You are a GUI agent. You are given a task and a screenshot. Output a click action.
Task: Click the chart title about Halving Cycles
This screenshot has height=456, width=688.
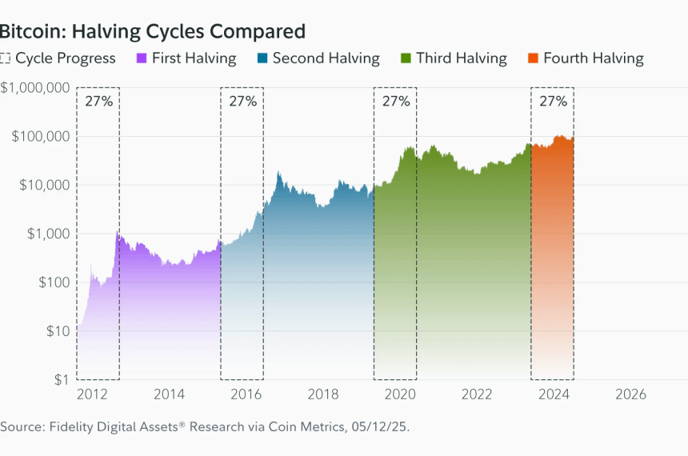(x=152, y=31)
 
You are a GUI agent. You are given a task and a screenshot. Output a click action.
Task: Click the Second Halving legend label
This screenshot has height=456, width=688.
(x=326, y=58)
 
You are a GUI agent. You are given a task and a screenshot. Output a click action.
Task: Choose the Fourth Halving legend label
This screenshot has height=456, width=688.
(x=593, y=58)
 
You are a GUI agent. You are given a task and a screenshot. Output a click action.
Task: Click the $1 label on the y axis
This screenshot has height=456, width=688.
(x=58, y=379)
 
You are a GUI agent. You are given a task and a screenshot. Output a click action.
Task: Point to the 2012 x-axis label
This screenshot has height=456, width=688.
(x=94, y=394)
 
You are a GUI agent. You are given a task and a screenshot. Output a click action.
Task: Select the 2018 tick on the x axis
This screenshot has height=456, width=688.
(x=323, y=394)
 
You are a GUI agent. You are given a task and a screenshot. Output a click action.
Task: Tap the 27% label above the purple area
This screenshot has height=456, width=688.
(x=98, y=101)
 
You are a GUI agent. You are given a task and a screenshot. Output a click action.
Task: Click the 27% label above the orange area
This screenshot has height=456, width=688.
(x=553, y=101)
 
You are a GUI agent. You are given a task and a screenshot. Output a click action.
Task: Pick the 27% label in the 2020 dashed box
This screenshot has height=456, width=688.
(x=395, y=101)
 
